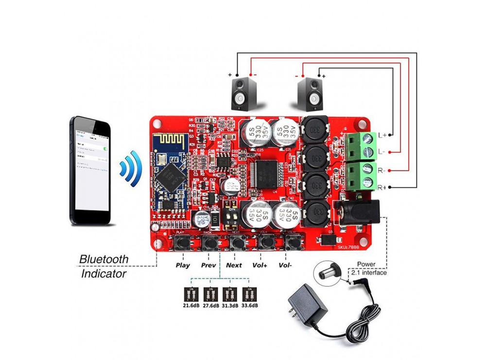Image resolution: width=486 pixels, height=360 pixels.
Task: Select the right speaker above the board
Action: pos(310,94)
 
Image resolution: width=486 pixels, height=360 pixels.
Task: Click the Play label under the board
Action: pos(182,266)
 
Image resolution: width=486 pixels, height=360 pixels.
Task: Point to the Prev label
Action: pos(208,266)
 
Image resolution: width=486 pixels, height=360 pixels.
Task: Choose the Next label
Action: pos(234,266)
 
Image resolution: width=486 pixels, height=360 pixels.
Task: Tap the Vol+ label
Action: pos(260,266)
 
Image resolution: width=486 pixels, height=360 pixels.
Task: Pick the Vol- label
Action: pos(286,266)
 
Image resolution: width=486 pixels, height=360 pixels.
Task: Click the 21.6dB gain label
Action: pos(190,305)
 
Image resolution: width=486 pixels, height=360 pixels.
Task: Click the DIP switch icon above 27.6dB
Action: pos(210,294)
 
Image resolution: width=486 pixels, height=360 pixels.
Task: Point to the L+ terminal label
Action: pos(382,135)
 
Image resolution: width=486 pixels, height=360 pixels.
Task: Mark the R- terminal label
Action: pos(382,171)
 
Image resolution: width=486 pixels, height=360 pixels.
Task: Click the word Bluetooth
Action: pos(104,259)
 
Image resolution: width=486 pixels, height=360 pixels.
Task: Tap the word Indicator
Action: pos(104,274)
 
